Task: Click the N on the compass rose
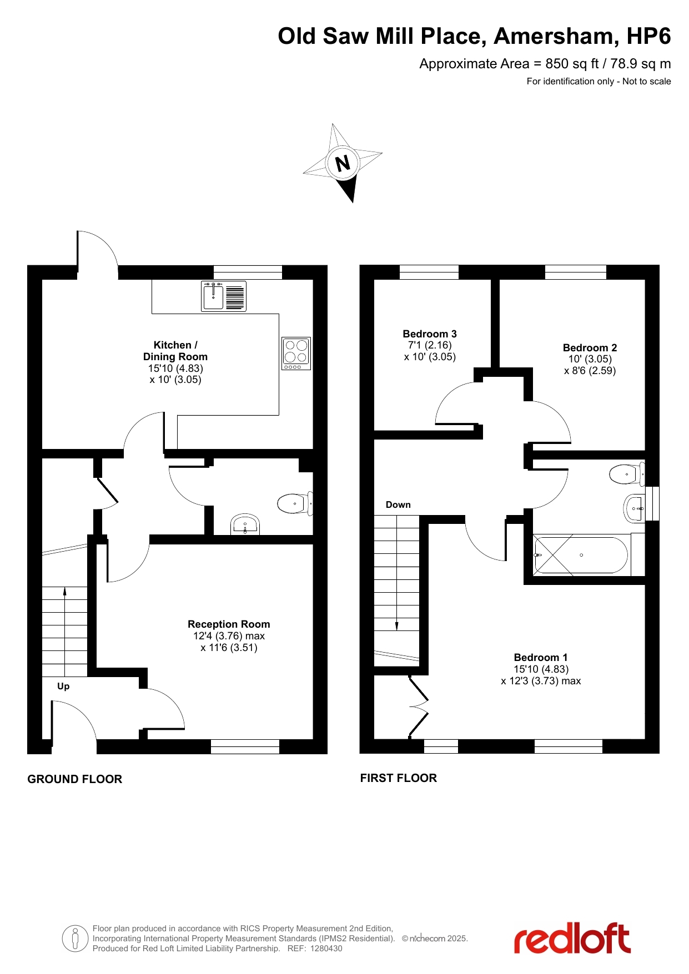(x=343, y=163)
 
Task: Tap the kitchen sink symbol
(x=224, y=296)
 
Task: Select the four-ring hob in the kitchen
(x=296, y=354)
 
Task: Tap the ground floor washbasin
(x=245, y=524)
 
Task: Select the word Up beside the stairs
(x=63, y=687)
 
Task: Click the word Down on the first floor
(x=398, y=504)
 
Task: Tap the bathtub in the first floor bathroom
(x=581, y=555)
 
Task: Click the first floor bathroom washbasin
(x=634, y=508)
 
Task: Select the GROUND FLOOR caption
(x=74, y=779)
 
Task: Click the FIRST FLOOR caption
(x=399, y=778)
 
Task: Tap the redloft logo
(x=572, y=938)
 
